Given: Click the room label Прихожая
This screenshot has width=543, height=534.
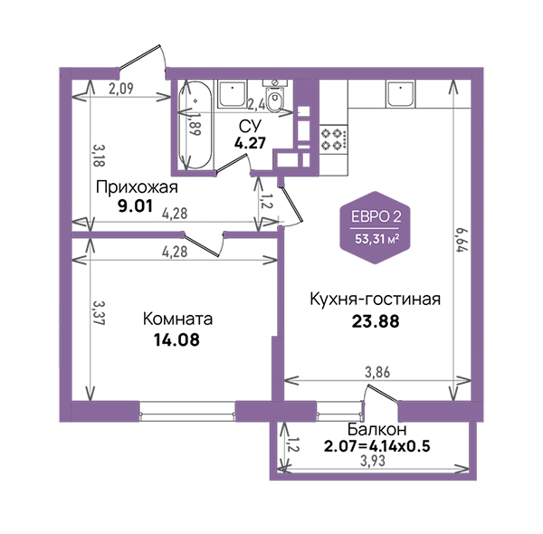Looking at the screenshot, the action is [137, 187].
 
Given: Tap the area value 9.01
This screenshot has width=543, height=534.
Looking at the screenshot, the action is [135, 206].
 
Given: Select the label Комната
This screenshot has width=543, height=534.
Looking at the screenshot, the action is [177, 319].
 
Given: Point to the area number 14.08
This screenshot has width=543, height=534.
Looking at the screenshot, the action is [177, 340].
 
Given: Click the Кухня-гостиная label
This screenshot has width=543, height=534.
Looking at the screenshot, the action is [375, 300].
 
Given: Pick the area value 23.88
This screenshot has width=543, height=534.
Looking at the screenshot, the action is [376, 321].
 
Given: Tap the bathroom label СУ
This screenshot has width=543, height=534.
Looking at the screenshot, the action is [251, 127].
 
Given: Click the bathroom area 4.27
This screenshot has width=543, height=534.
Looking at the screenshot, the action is [250, 143].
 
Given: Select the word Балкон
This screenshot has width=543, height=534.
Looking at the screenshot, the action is [376, 429].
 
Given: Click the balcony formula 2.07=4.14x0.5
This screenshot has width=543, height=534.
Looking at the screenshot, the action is [376, 446].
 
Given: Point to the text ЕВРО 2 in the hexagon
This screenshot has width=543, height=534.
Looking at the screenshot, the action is [376, 217].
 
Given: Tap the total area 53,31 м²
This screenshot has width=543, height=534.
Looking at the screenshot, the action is [376, 239].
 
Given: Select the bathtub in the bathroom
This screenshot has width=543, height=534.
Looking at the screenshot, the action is [195, 126].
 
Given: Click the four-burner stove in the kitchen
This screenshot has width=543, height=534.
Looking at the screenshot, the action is [333, 138].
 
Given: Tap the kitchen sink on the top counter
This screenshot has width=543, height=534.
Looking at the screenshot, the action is [400, 94].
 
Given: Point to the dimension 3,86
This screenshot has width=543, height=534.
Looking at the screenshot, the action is [377, 372].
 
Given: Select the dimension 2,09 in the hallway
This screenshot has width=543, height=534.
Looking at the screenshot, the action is [121, 89].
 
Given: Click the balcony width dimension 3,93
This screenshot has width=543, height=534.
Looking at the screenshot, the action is [373, 461].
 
